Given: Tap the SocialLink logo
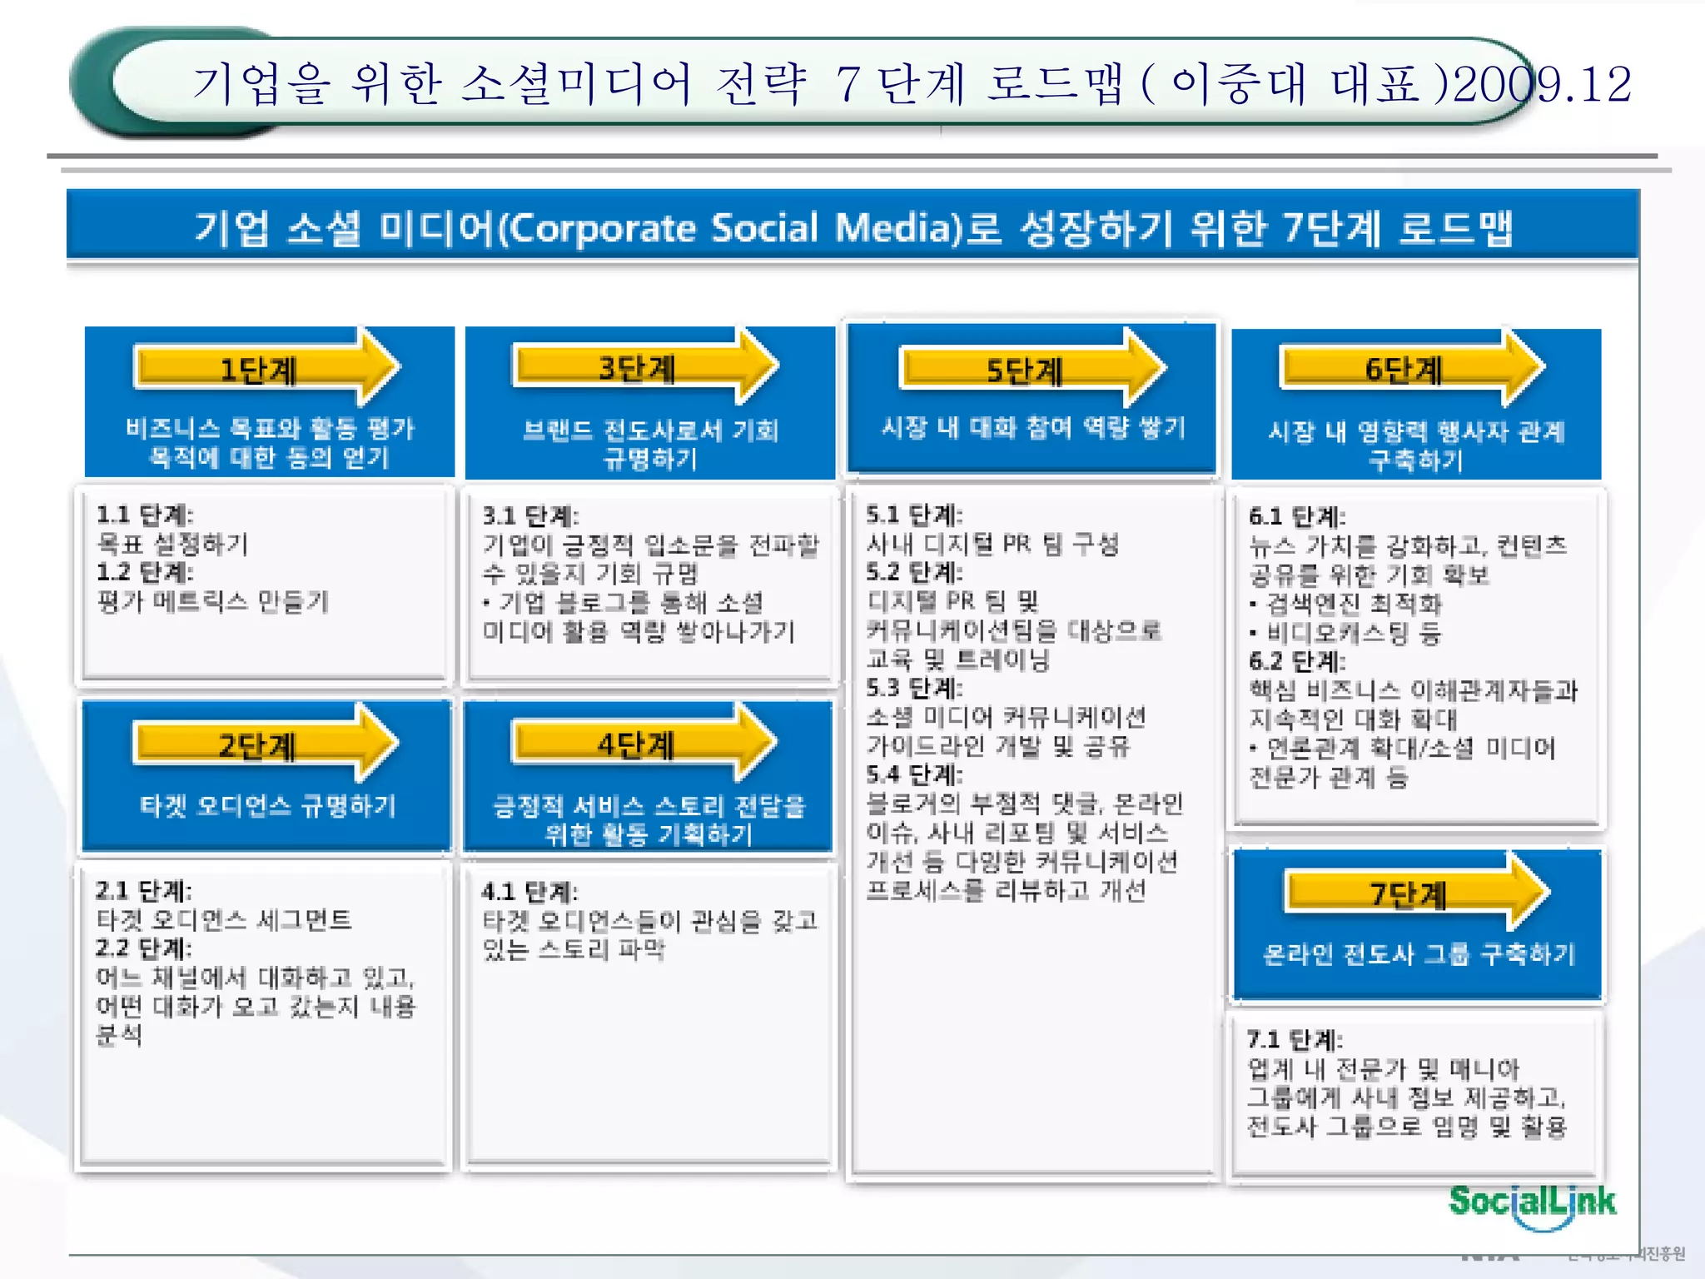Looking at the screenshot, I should [1532, 1202].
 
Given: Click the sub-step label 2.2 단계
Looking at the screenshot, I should [143, 948].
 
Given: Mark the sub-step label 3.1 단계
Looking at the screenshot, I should [530, 515].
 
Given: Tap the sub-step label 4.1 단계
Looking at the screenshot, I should [529, 892].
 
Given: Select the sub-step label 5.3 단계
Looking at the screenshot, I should [913, 688].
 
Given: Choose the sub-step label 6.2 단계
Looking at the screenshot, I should [1296, 661].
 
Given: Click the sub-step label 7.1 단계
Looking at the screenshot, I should [1295, 1039].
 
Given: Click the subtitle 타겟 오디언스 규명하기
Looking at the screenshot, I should [268, 805].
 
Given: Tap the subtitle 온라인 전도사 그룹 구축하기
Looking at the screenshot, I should [1419, 954].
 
